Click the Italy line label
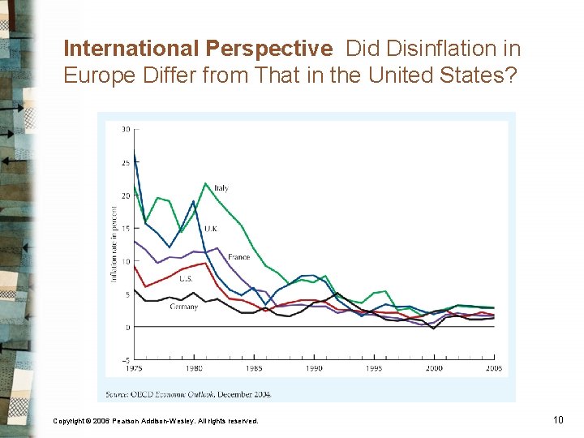point(221,188)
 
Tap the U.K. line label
point(210,229)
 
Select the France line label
point(239,257)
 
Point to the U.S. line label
point(185,278)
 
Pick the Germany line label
point(184,307)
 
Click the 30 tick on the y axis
point(125,129)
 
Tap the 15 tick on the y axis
point(125,229)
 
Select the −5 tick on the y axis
point(125,360)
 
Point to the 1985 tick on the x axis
point(254,368)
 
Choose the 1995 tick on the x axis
point(374,368)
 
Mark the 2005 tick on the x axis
point(493,368)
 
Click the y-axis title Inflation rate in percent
point(114,243)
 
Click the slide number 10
point(557,419)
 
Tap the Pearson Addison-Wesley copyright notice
point(156,421)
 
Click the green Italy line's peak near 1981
point(206,184)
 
